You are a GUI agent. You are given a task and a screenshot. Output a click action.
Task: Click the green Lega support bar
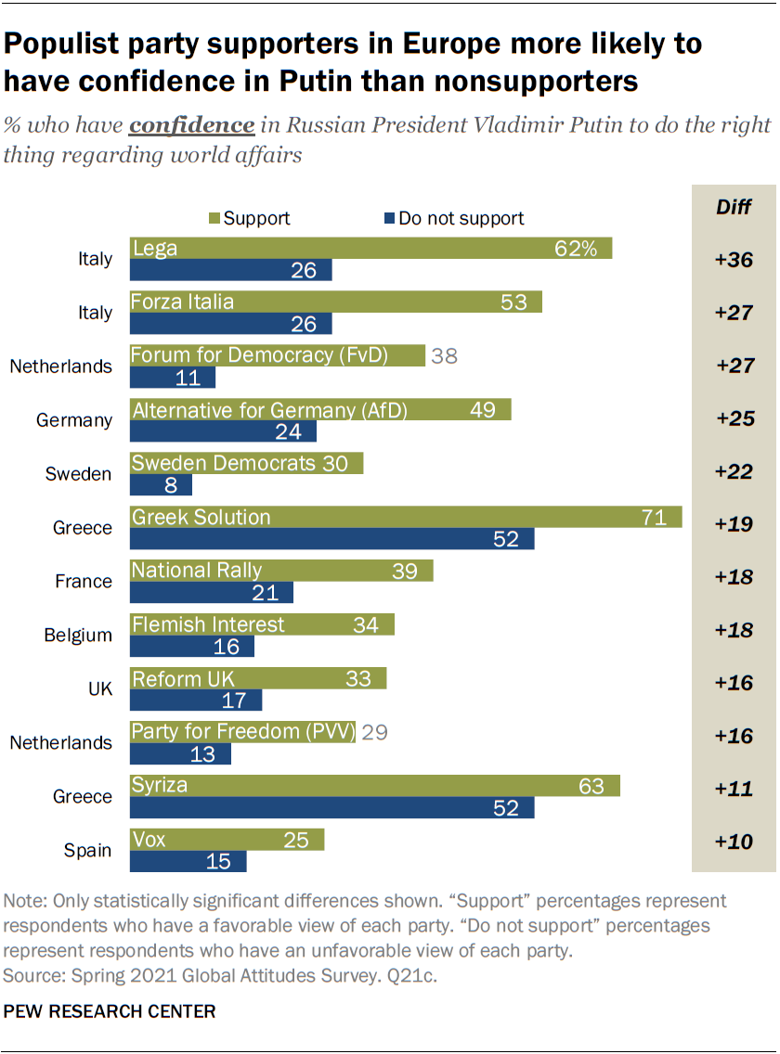pyautogui.click(x=370, y=249)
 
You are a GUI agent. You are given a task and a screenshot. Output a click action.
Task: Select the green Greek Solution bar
pyautogui.click(x=406, y=518)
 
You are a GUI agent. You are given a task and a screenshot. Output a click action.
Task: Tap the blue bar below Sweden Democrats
pyautogui.click(x=161, y=485)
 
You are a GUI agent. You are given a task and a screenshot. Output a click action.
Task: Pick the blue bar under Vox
pyautogui.click(x=188, y=862)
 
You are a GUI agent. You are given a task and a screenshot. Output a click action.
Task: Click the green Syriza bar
pyautogui.click(x=374, y=786)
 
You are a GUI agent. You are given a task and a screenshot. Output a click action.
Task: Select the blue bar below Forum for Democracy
pyautogui.click(x=173, y=378)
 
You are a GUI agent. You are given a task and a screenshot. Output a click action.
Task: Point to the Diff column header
pyautogui.click(x=734, y=206)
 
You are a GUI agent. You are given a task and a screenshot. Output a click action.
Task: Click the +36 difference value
pyautogui.click(x=734, y=260)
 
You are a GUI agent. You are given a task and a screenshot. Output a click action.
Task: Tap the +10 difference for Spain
pyautogui.click(x=734, y=842)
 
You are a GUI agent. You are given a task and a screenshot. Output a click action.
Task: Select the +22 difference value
pyautogui.click(x=734, y=473)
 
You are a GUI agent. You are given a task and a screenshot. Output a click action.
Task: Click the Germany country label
pyautogui.click(x=74, y=420)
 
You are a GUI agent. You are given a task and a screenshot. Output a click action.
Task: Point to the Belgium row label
pyautogui.click(x=78, y=636)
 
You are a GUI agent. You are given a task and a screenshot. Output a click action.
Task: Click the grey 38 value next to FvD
pyautogui.click(x=445, y=355)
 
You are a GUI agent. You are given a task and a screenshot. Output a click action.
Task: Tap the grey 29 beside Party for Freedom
pyautogui.click(x=374, y=732)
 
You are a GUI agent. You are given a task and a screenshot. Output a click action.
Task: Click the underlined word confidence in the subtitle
pyautogui.click(x=192, y=125)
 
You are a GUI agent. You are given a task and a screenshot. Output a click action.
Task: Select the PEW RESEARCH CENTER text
pyautogui.click(x=110, y=1011)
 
